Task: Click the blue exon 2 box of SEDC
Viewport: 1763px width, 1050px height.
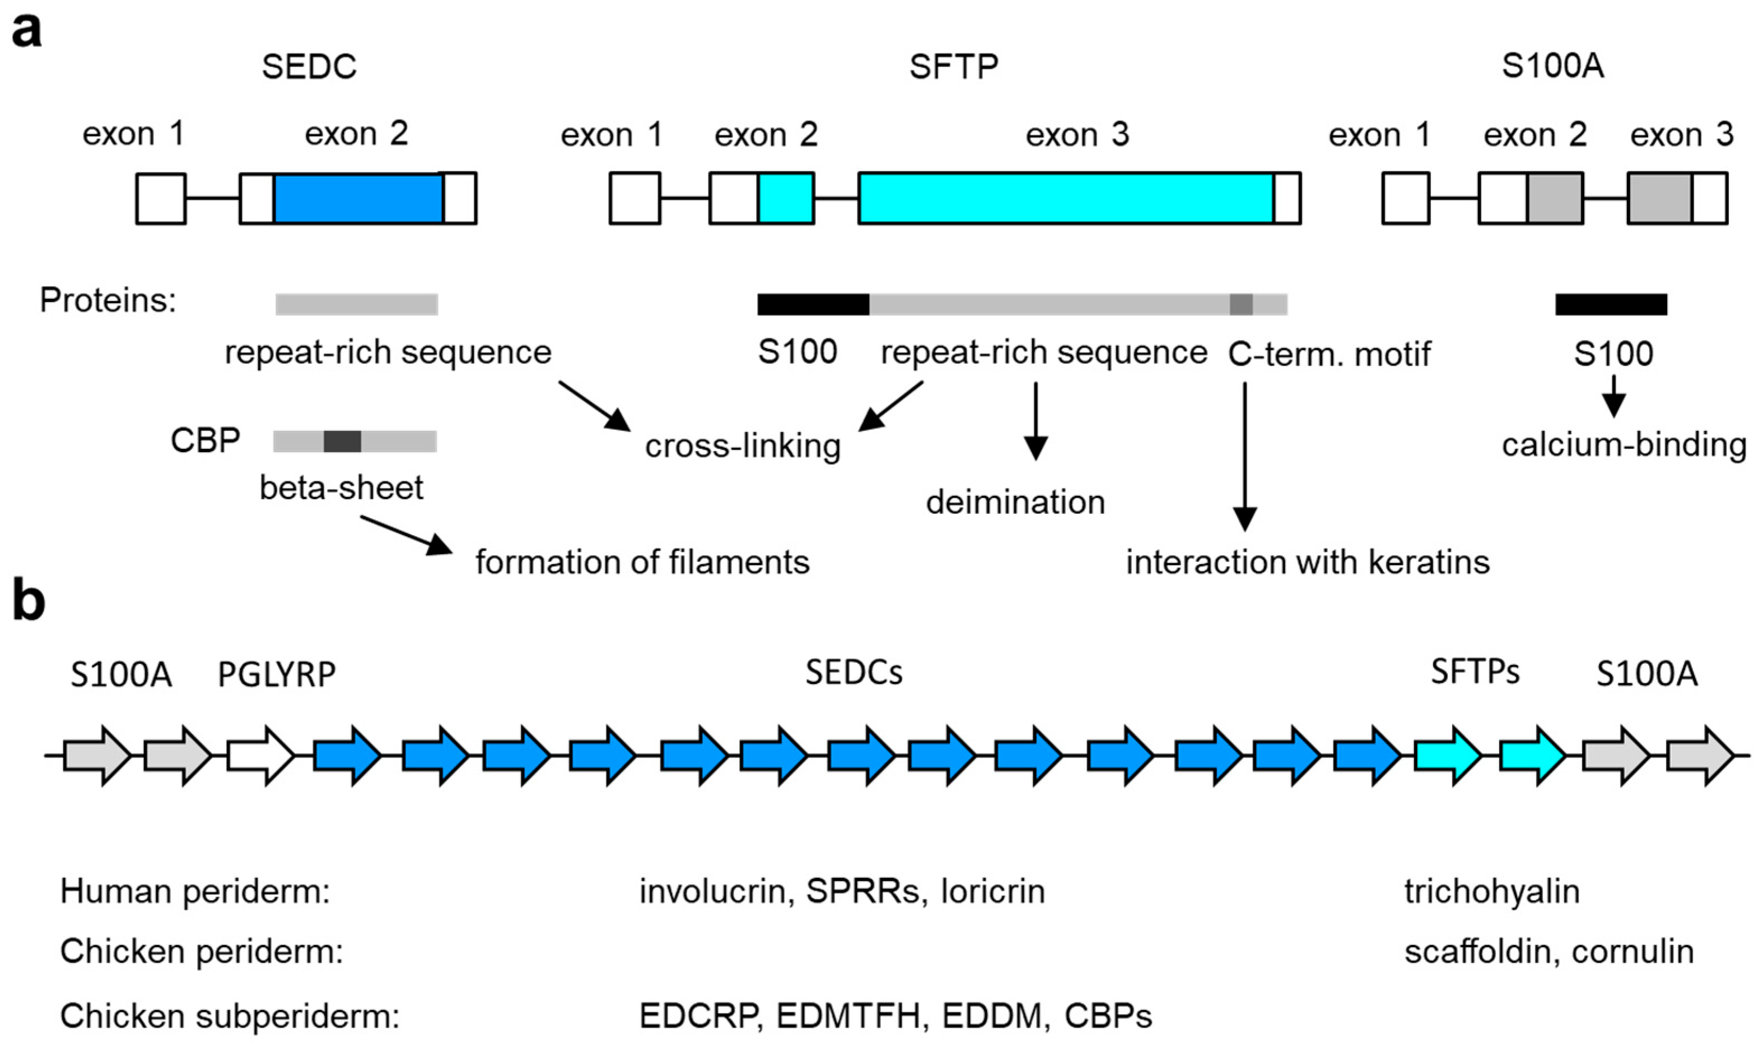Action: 358,199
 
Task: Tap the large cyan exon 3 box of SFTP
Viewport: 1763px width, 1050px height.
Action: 1065,199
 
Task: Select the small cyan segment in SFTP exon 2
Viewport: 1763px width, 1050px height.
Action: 786,199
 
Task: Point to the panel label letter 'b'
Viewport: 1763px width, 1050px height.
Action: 29,602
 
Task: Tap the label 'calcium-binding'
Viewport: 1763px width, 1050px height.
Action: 1624,446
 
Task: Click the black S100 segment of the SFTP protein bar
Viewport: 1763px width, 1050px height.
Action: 813,304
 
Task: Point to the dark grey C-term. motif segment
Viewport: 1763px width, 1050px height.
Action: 1240,304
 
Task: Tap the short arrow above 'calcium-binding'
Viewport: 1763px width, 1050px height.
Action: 1613,396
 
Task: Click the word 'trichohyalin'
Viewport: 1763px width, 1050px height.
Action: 1492,892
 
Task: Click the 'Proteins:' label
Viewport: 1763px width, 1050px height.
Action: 108,301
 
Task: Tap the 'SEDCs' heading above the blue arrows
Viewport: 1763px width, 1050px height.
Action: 853,673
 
